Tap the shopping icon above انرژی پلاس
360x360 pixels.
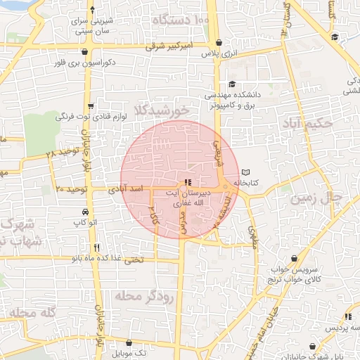[218, 43]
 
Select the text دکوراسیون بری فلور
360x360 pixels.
[84, 63]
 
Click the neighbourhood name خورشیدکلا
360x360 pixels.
[165, 110]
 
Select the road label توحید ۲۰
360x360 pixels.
[70, 190]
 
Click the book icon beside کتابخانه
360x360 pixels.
[245, 172]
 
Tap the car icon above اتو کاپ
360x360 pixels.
[84, 212]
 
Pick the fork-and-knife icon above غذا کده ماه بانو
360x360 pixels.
[96, 247]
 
